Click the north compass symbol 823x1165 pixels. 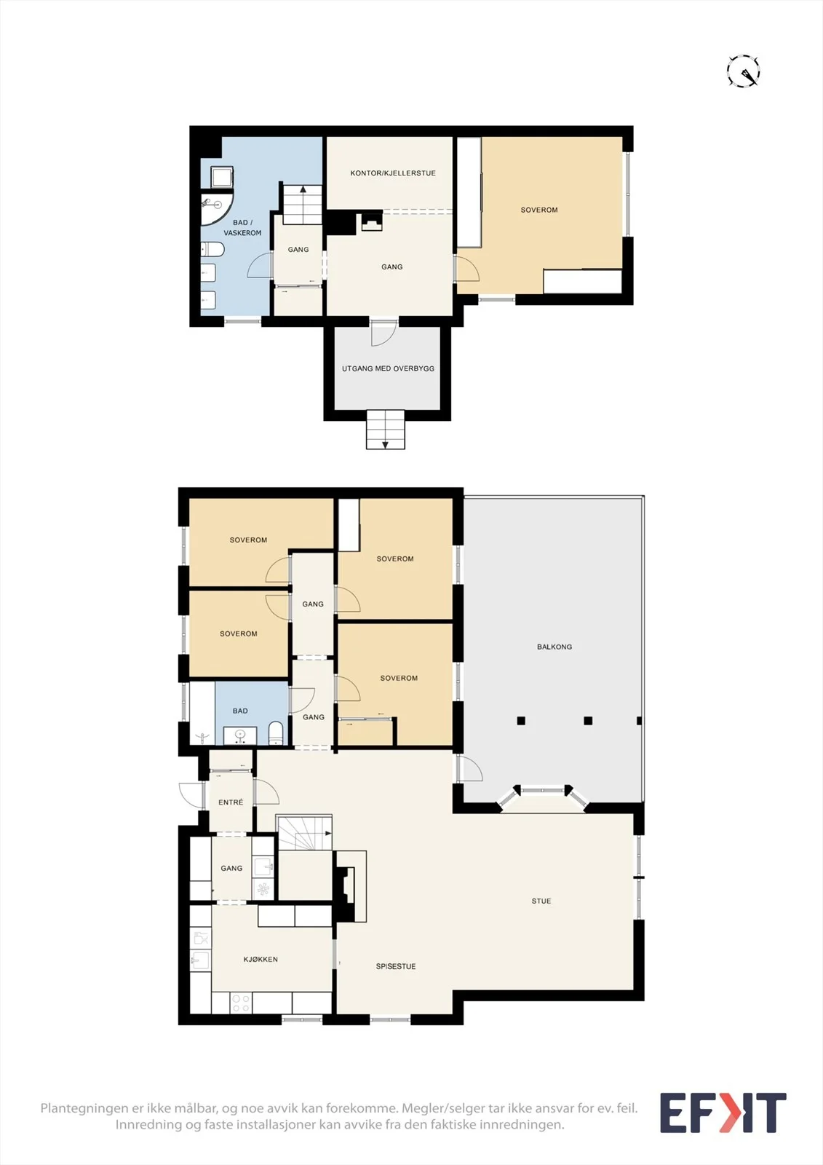click(743, 71)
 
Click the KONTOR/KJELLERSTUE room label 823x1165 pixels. click(393, 173)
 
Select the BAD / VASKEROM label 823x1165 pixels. click(242, 228)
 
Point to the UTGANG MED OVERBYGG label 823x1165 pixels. click(388, 368)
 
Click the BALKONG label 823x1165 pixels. click(554, 647)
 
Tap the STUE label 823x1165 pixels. click(541, 901)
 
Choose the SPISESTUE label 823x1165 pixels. click(396, 966)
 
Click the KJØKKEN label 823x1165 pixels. click(261, 959)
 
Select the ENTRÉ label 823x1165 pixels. click(231, 802)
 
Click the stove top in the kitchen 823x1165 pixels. click(241, 1003)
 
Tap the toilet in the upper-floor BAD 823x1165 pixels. click(276, 732)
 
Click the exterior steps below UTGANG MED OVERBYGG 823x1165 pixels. click(385, 430)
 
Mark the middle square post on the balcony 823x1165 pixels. click(588, 720)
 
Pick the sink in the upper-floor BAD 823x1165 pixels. click(239, 735)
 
